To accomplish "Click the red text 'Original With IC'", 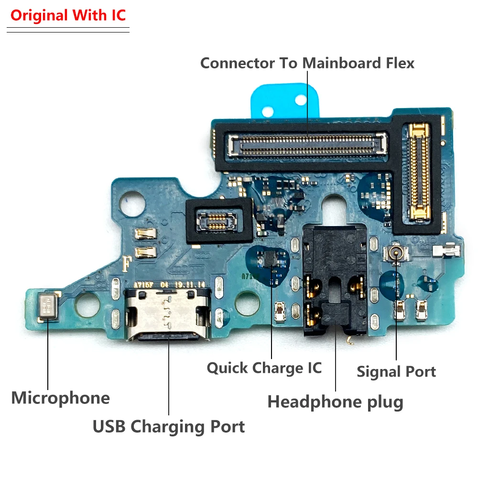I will (x=68, y=15).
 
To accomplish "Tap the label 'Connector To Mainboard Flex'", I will (x=307, y=63).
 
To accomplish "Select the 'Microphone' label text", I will (x=60, y=398).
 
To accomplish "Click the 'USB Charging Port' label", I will (x=168, y=426).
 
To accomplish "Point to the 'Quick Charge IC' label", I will (x=264, y=368).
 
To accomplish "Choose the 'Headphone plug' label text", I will (x=335, y=402).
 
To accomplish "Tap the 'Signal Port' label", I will (x=396, y=372).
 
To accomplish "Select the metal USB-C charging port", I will (x=168, y=315).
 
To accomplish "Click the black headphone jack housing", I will (x=336, y=277).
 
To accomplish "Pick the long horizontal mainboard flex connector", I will (x=307, y=143).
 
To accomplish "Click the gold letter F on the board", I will (x=127, y=263).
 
